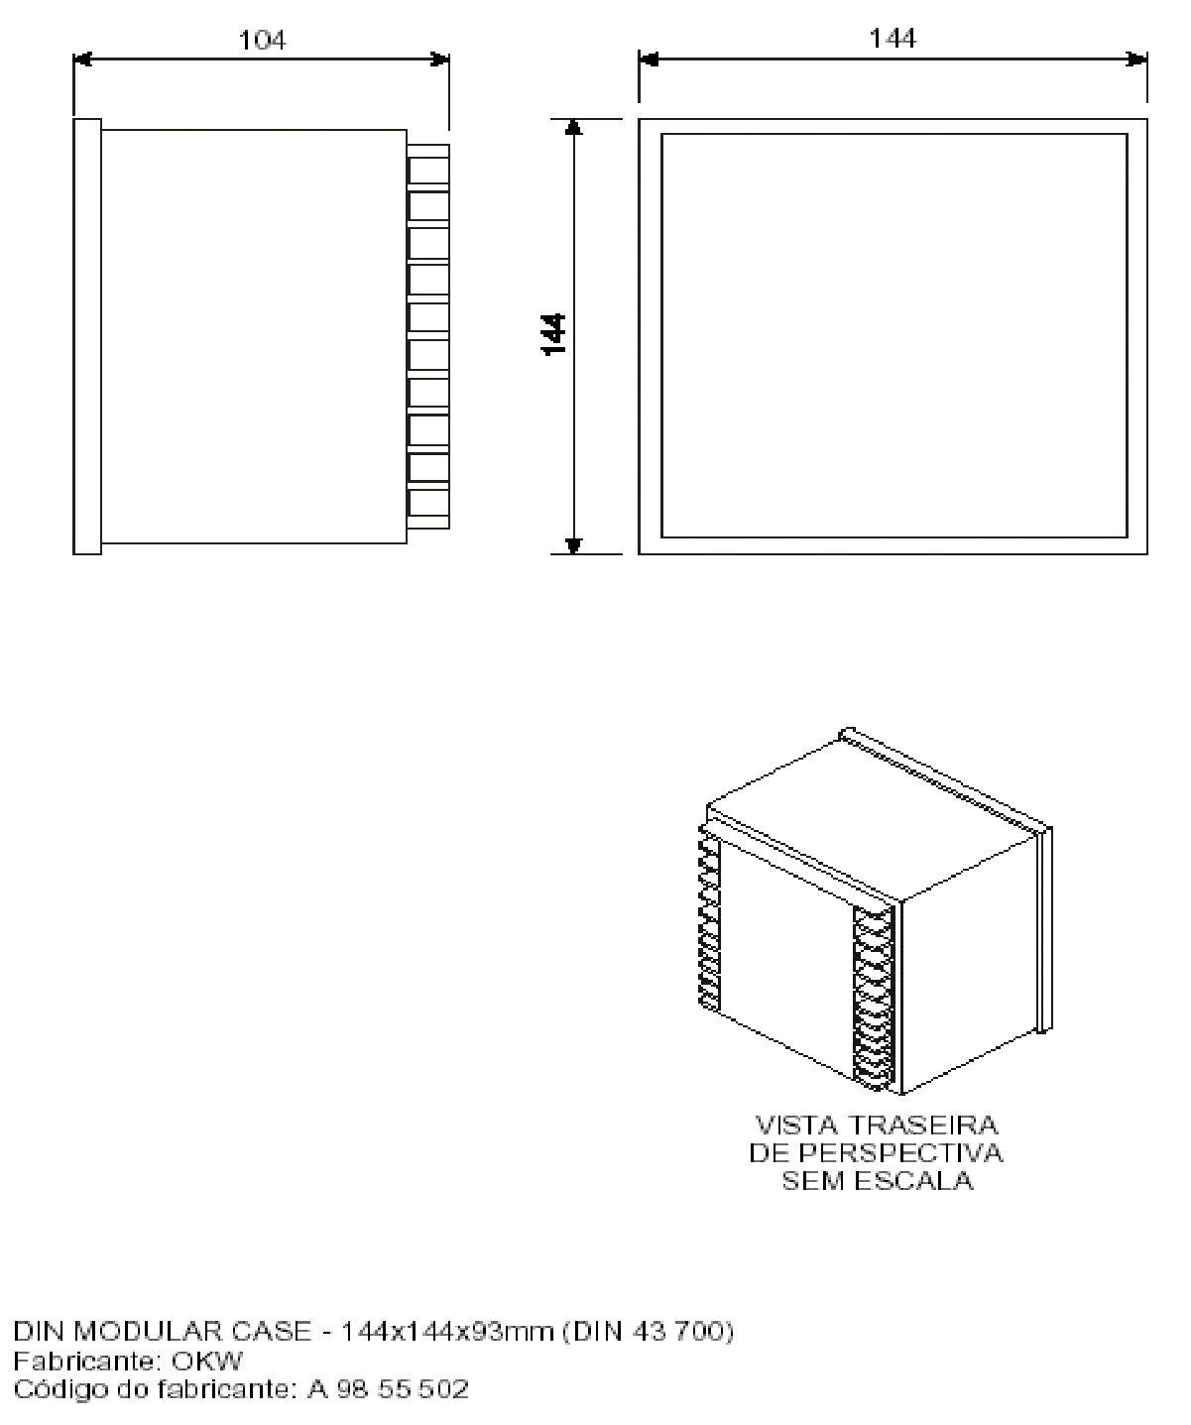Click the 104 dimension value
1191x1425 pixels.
coord(262,41)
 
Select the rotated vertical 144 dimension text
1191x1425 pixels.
coord(554,334)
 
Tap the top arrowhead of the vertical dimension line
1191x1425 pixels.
coord(574,128)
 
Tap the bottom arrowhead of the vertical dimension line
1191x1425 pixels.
coord(574,545)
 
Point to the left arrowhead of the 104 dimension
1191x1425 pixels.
coord(82,60)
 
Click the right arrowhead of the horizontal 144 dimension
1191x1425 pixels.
coord(1137,59)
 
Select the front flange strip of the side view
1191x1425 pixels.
coord(87,336)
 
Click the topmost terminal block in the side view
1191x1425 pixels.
coord(428,165)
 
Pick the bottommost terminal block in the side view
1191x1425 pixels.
coord(428,509)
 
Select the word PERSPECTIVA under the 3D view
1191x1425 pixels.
coord(900,1153)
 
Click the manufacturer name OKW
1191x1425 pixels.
coord(207,1362)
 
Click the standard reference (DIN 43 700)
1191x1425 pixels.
coord(647,1332)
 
